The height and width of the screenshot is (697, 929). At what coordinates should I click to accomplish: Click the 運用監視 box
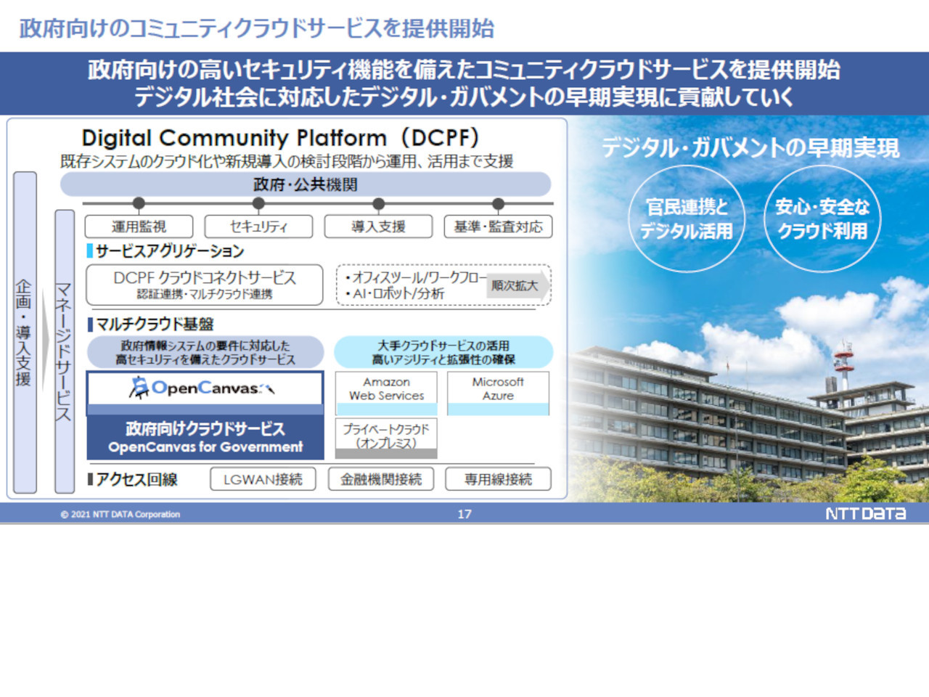[139, 227]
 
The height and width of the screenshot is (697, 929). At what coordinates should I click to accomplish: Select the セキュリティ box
[258, 227]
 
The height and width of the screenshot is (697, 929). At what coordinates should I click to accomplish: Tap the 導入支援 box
[378, 227]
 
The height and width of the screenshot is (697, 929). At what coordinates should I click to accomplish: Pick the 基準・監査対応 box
[498, 227]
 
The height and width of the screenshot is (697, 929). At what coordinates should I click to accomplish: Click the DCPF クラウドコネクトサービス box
[205, 285]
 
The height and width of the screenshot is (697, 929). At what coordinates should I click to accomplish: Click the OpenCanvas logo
[202, 388]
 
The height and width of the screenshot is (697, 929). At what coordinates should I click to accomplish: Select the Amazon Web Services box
[386, 393]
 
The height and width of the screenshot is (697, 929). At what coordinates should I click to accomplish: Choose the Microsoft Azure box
[498, 393]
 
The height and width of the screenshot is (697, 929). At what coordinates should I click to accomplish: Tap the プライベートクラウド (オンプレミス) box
[386, 438]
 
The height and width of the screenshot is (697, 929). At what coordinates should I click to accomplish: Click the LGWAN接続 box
[263, 479]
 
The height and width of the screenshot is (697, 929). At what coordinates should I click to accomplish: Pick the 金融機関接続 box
[381, 479]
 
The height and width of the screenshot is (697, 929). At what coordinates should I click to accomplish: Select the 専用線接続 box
[498, 479]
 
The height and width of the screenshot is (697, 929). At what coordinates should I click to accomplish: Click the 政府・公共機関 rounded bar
[306, 184]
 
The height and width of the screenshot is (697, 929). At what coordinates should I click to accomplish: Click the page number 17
[464, 514]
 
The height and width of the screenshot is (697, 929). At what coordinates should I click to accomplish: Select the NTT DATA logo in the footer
[866, 514]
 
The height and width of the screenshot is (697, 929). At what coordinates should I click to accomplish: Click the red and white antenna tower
[843, 364]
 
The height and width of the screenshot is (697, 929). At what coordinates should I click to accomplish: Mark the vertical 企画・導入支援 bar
[25, 333]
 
